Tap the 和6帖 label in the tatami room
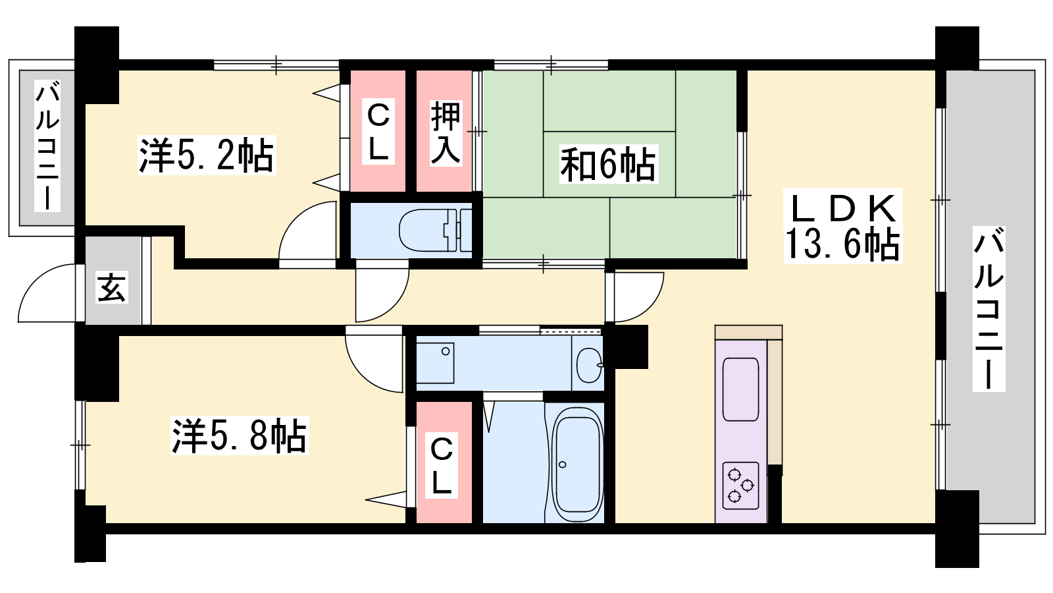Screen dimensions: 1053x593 click(608, 164)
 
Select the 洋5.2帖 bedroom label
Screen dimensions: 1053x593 click(207, 155)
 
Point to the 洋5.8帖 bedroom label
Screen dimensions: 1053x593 click(240, 436)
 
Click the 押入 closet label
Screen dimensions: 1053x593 click(445, 132)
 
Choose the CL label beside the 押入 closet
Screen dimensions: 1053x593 click(378, 132)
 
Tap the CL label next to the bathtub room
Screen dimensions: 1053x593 click(442, 466)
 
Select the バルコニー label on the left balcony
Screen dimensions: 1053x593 click(47, 146)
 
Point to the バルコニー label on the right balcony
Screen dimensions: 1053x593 click(989, 309)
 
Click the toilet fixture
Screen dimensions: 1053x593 click(435, 231)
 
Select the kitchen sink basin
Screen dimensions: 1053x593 click(740, 389)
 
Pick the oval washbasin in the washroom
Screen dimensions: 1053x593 click(590, 365)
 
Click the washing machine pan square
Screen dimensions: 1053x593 click(435, 363)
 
